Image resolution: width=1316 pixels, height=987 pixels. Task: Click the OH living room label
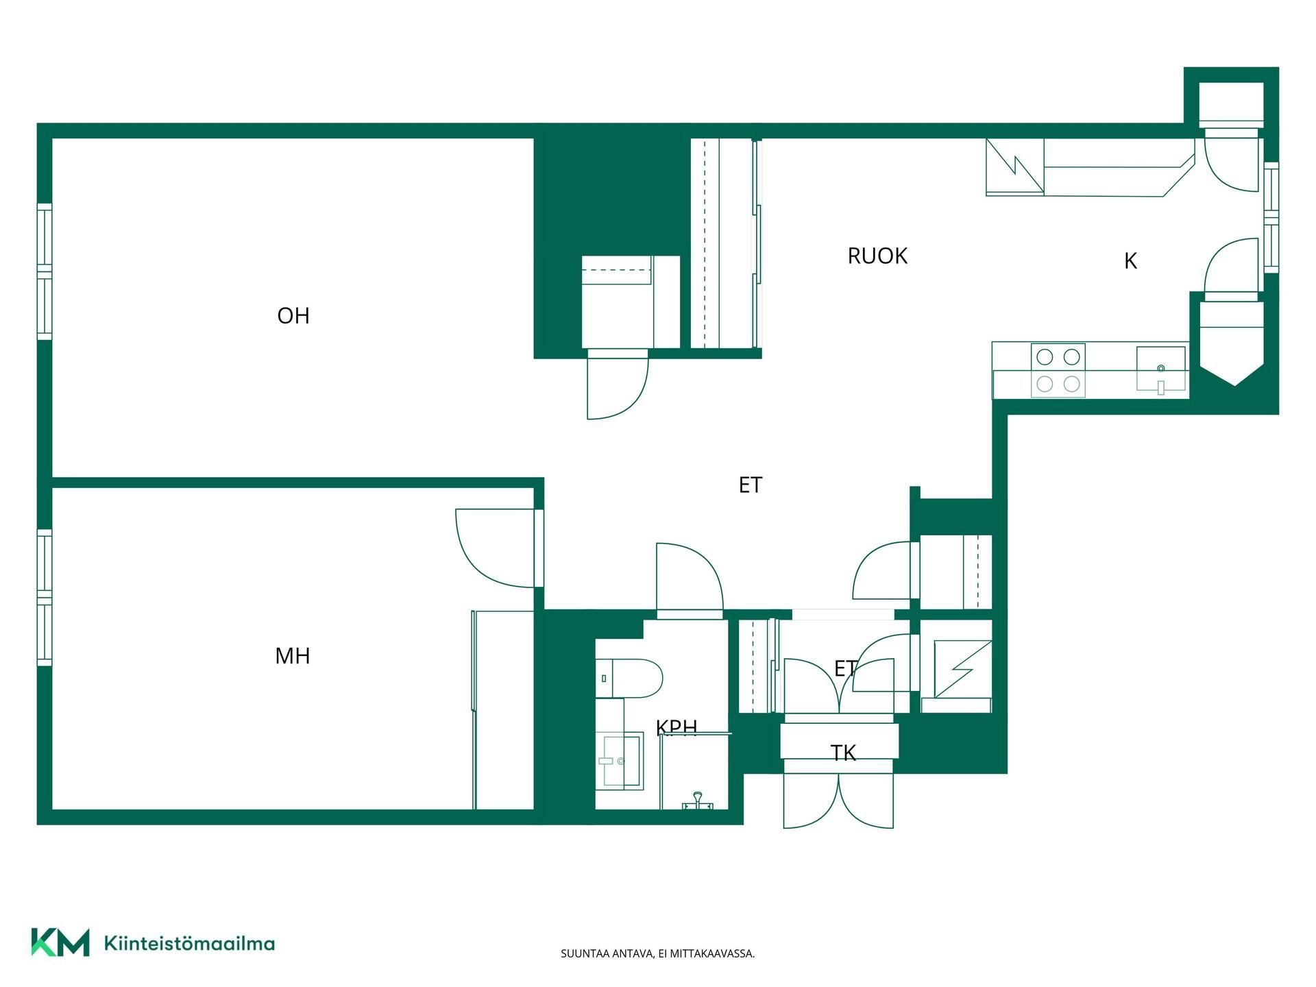pyautogui.click(x=293, y=315)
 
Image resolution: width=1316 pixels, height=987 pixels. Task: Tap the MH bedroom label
pyautogui.click(x=293, y=656)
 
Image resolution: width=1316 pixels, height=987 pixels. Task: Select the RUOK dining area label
pyautogui.click(x=877, y=256)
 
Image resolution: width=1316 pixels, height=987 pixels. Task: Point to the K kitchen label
pyautogui.click(x=1131, y=261)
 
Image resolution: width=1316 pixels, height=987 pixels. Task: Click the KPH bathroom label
pyautogui.click(x=677, y=727)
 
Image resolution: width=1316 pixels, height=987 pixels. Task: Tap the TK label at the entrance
pyautogui.click(x=843, y=753)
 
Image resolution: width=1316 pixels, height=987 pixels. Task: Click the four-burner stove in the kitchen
pyautogui.click(x=1058, y=370)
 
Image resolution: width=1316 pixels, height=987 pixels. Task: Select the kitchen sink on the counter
pyautogui.click(x=1161, y=369)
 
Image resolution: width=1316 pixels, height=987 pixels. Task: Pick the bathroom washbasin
pyautogui.click(x=620, y=760)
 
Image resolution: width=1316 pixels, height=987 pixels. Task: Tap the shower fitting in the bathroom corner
pyautogui.click(x=698, y=801)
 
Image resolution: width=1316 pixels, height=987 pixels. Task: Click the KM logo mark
pyautogui.click(x=60, y=942)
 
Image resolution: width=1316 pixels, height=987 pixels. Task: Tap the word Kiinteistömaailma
pyautogui.click(x=189, y=944)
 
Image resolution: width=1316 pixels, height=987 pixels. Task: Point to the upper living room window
pyautogui.click(x=45, y=271)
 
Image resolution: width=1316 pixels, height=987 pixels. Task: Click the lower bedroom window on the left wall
pyautogui.click(x=45, y=598)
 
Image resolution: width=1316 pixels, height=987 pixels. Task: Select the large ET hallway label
pyautogui.click(x=751, y=485)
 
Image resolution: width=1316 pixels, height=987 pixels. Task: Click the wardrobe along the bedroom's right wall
pyautogui.click(x=503, y=710)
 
